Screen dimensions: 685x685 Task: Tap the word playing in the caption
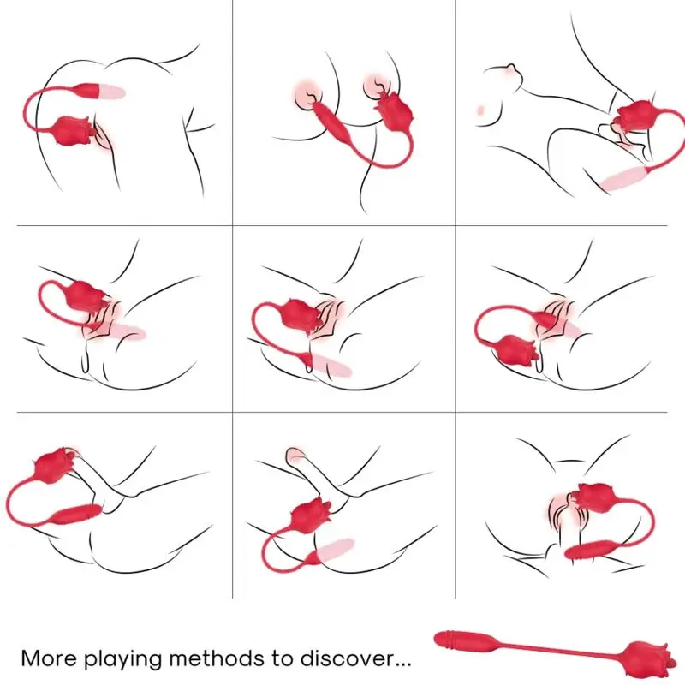coord(122,659)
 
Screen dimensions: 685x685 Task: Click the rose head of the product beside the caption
coord(646,658)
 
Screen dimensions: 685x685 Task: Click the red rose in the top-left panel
coord(73,130)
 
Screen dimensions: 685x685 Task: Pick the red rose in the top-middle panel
coord(395,111)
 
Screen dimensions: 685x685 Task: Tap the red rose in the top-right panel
coord(636,116)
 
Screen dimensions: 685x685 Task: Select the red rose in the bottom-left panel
coord(55,466)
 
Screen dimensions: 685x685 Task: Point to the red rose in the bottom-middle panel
coord(309,515)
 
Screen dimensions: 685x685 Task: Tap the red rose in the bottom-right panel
coord(593,498)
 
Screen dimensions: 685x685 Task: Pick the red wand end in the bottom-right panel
coord(587,549)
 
